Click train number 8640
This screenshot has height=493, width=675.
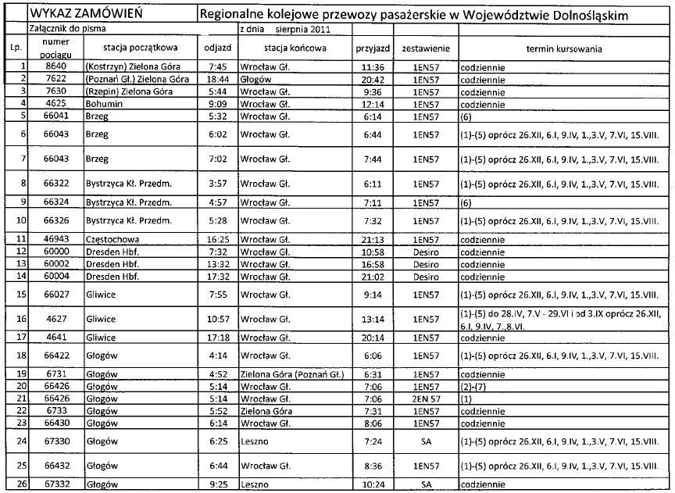pyautogui.click(x=56, y=68)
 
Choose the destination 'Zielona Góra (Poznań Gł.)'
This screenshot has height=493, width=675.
pyautogui.click(x=291, y=374)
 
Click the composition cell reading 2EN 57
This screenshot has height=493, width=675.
pyautogui.click(x=426, y=398)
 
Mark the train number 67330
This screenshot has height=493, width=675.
pyautogui.click(x=56, y=440)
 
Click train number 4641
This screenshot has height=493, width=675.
pyautogui.click(x=56, y=338)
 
